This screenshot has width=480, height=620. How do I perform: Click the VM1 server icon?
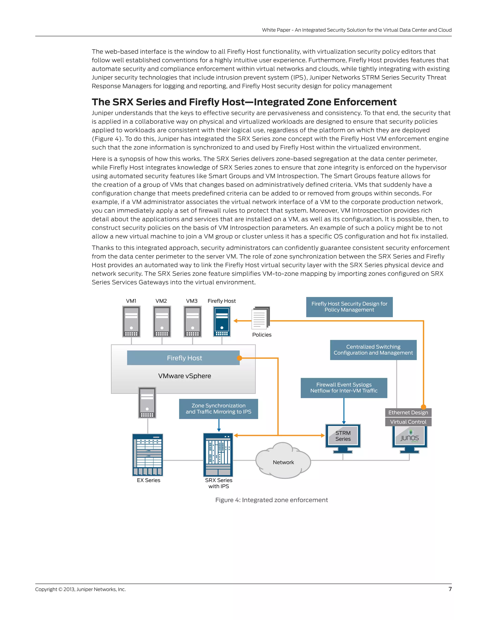pyautogui.click(x=131, y=321)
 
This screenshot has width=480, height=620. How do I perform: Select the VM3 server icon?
pyautogui.click(x=192, y=321)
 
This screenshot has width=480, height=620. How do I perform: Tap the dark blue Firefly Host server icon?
pyautogui.click(x=222, y=321)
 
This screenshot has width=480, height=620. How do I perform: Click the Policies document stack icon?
pyautogui.click(x=260, y=318)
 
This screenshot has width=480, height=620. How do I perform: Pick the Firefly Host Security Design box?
pyautogui.click(x=349, y=307)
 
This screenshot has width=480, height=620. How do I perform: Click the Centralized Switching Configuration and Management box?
pyautogui.click(x=373, y=350)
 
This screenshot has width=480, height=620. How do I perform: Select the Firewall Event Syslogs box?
pyautogui.click(x=344, y=388)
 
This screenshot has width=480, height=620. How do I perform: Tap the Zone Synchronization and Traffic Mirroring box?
pyautogui.click(x=218, y=409)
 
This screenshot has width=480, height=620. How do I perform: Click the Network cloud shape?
pyautogui.click(x=283, y=462)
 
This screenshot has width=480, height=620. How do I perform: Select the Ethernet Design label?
pyautogui.click(x=408, y=412)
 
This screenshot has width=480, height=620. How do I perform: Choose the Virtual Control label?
pyautogui.click(x=408, y=422)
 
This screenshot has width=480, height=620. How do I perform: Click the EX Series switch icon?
pyautogui.click(x=148, y=455)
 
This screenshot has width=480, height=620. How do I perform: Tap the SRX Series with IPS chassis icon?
pyautogui.click(x=218, y=455)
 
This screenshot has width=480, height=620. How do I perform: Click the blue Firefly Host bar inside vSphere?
pyautogui.click(x=184, y=358)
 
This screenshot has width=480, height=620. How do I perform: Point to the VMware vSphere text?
pyautogui.click(x=184, y=376)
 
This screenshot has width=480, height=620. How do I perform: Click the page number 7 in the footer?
pyautogui.click(x=450, y=589)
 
